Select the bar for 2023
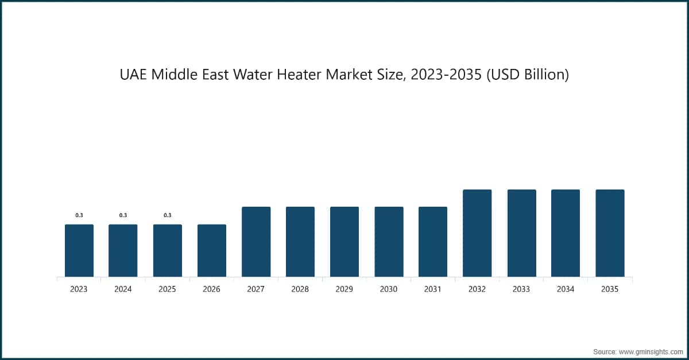[x=79, y=250]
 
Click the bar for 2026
[x=212, y=250]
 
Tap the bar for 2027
[x=256, y=242]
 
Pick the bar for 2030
[x=389, y=242]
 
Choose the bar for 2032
[x=477, y=233]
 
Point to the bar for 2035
[x=610, y=233]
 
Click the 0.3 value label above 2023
[x=79, y=215]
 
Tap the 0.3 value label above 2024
[x=123, y=215]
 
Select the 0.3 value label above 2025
[x=168, y=215]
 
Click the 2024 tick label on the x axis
[x=123, y=289]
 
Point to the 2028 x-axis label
[x=300, y=289]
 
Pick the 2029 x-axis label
[x=344, y=289]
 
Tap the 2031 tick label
[x=432, y=289]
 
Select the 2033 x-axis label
[x=521, y=289]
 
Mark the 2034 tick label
[x=565, y=289]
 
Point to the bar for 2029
[x=344, y=242]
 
